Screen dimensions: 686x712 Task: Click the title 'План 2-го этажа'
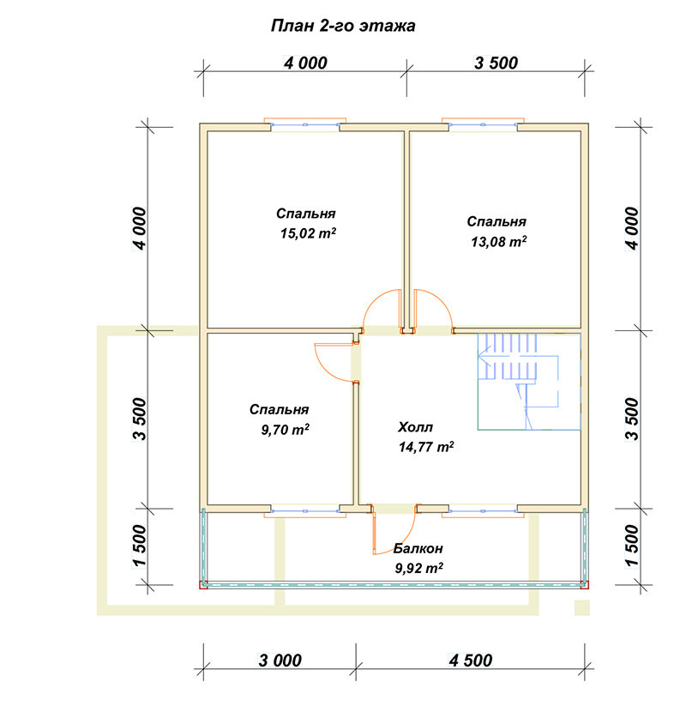coord(343,26)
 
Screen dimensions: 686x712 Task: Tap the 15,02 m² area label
coord(308,233)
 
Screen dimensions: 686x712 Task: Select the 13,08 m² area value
coord(498,242)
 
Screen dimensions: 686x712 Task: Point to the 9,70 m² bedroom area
coord(285,429)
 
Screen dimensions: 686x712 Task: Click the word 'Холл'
coord(415,427)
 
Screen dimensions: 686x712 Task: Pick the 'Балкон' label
coord(418,548)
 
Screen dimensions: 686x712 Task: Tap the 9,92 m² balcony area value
coord(419,568)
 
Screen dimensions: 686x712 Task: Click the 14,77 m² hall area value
coord(426,447)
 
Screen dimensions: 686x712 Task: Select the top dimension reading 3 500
coord(496,63)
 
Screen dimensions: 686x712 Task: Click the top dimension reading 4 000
coord(305,63)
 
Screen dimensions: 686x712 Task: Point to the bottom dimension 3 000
coord(280,661)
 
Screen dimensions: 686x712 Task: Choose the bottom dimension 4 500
coord(471,661)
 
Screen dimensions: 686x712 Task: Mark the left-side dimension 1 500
coord(140,546)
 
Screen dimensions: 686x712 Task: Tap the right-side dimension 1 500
coord(632,546)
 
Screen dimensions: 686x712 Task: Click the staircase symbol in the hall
coord(529,382)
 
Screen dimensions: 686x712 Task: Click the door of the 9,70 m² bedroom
coord(334,362)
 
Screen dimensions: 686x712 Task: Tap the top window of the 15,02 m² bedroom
coord(305,124)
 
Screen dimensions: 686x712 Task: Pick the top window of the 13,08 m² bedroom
coord(483,124)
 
